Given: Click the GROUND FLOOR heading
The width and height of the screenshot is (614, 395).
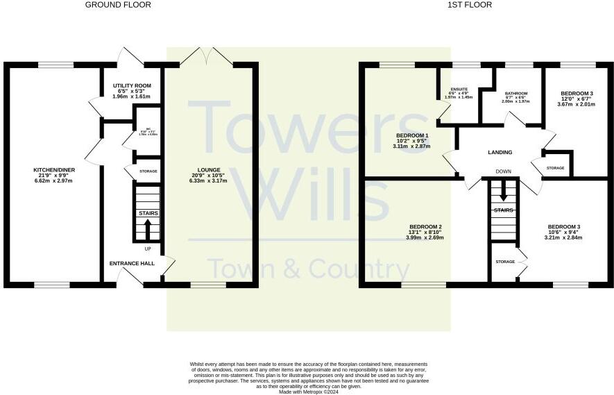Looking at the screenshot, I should pos(118,5).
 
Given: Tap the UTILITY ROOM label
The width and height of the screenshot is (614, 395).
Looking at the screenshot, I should pos(132,85).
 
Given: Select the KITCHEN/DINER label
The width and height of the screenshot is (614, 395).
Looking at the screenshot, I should pos(53,170).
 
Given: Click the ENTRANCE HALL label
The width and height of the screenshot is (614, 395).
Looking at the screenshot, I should pos(130,264).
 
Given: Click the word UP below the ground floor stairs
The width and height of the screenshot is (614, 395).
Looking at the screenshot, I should pos(147,249).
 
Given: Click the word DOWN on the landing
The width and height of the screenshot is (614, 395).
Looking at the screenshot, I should pos(503,171).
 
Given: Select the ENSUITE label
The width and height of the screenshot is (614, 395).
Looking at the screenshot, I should pos(458,90).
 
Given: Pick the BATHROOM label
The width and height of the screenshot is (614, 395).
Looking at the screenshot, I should pos(516,94).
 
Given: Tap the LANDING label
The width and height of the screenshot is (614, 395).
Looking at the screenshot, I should pos(500,153).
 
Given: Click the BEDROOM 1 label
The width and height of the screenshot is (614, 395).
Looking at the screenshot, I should pos(412,135).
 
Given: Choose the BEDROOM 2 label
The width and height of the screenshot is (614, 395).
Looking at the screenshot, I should pos(426,227).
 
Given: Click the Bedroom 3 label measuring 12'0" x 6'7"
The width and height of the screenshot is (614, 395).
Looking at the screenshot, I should pos(577,94).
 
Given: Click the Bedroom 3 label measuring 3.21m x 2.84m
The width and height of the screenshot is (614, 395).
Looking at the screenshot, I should pos(564,227).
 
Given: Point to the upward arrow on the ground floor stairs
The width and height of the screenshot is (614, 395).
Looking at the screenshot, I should pos(147,228).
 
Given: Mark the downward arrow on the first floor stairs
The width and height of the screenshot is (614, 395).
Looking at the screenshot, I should pos(504,194).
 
